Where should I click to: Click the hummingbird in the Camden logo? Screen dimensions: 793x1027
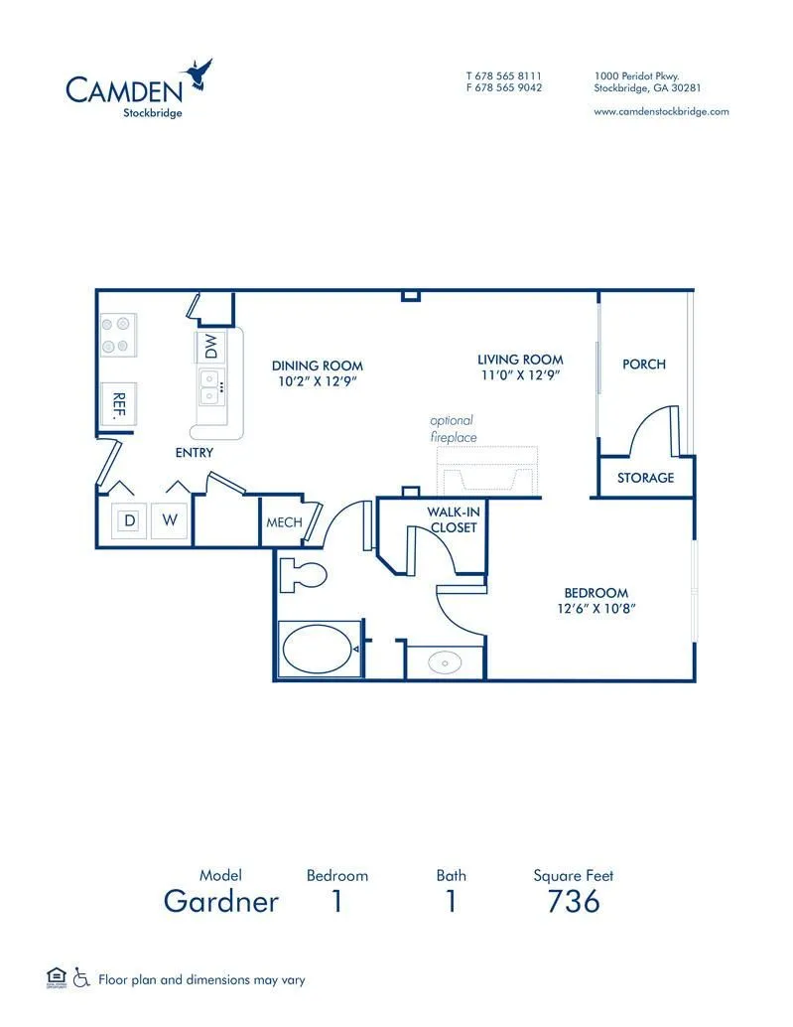coord(198,74)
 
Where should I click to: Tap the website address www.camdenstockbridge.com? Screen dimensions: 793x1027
coord(661,112)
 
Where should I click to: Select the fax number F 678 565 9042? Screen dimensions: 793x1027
coord(504,87)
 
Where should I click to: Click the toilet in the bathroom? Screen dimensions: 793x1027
coord(303,576)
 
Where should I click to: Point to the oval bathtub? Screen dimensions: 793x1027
coord(320,649)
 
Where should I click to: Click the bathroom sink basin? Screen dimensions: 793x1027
coord(445,662)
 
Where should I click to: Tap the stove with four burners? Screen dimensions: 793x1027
coord(118,335)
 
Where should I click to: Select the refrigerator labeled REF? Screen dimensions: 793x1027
coord(118,405)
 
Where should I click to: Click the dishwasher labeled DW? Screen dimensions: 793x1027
coord(210,347)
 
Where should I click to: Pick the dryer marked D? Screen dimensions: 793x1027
coord(130,520)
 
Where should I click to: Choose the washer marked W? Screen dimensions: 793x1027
coord(170,520)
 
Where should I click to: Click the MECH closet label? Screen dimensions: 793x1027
coord(284,522)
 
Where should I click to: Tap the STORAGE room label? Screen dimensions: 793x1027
coord(645,478)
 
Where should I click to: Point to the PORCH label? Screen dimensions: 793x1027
coord(644,365)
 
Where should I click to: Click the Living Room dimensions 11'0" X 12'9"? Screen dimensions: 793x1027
coord(520,375)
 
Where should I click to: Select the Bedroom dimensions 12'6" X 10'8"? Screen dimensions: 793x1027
coord(596,609)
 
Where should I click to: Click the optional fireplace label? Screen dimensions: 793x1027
coord(453,428)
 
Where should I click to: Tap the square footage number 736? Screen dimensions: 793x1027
coord(574,901)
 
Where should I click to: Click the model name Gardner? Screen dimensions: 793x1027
coord(221,901)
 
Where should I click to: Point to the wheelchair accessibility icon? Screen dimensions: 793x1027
coord(81,978)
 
